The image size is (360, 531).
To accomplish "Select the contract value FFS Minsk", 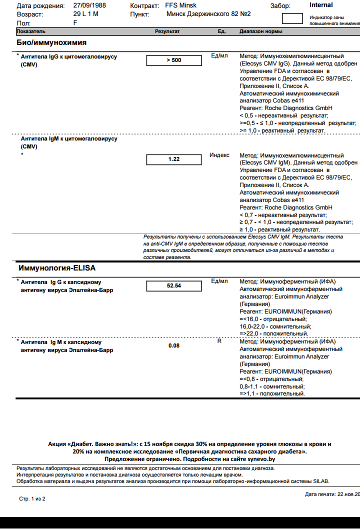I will [180, 5].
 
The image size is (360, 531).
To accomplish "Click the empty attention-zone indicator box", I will [292, 19].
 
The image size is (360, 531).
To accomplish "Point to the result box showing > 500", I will [173, 60].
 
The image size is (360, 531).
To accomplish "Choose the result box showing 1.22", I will [173, 159].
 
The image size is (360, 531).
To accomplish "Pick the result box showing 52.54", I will [173, 286].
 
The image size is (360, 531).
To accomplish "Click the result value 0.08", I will [173, 345].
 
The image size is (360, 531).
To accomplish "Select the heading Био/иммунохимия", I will [51, 42].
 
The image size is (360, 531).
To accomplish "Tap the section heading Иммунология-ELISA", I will [57, 268].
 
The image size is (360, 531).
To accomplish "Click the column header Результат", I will [167, 31].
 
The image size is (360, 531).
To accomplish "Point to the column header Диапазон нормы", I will [260, 31].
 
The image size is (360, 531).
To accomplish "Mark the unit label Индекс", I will [219, 155].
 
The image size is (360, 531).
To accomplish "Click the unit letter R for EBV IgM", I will [219, 341].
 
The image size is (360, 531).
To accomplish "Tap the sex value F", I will [75, 22].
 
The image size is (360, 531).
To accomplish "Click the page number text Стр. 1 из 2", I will [32, 498].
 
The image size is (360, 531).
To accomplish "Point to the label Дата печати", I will [320, 494].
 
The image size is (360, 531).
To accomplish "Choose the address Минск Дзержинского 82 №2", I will [208, 14].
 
